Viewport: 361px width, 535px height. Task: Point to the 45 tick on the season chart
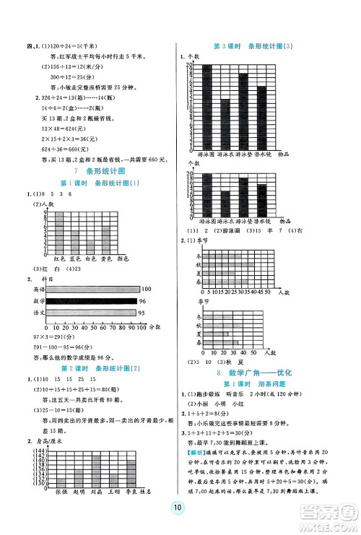coord(258,292)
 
